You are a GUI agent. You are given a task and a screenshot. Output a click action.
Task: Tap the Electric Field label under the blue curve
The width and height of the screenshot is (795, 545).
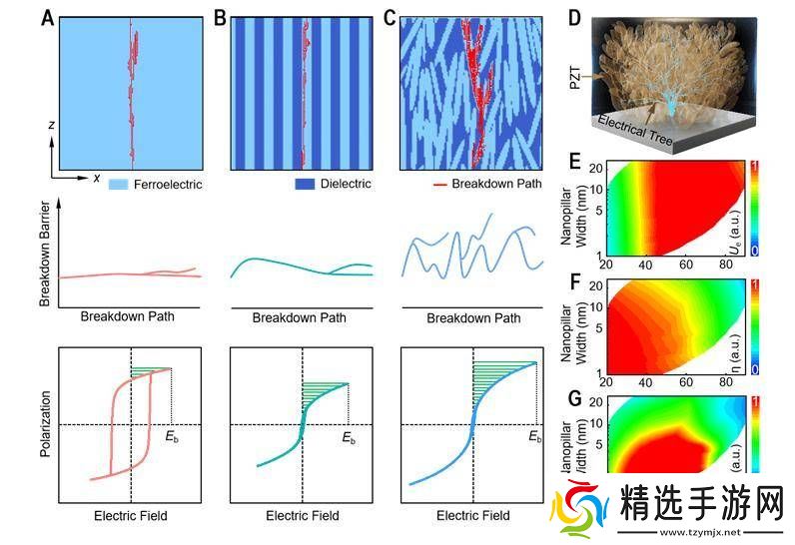coord(473,516)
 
